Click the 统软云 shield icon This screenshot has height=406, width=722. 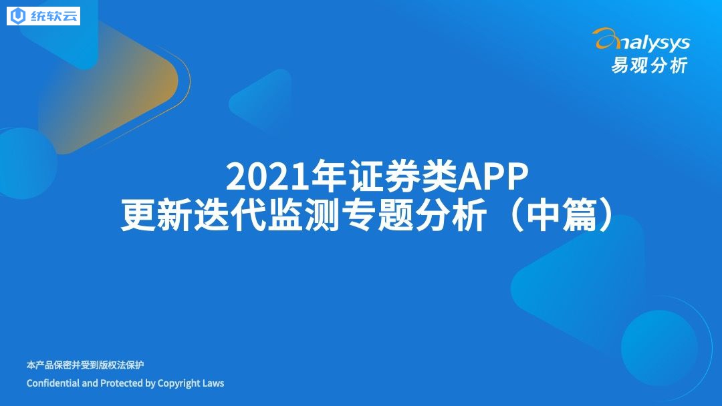pos(19,16)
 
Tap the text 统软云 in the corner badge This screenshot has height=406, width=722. pos(54,16)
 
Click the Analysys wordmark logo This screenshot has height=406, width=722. pos(642,41)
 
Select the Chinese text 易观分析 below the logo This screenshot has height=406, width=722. pos(649,65)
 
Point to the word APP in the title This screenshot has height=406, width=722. pos(493,176)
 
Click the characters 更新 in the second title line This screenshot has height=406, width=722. pos(156,215)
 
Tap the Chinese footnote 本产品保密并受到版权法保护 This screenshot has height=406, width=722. pos(85,365)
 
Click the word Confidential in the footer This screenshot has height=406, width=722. pos(53,383)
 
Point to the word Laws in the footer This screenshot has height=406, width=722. pos(213,383)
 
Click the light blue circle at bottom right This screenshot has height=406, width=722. pos(659,348)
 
